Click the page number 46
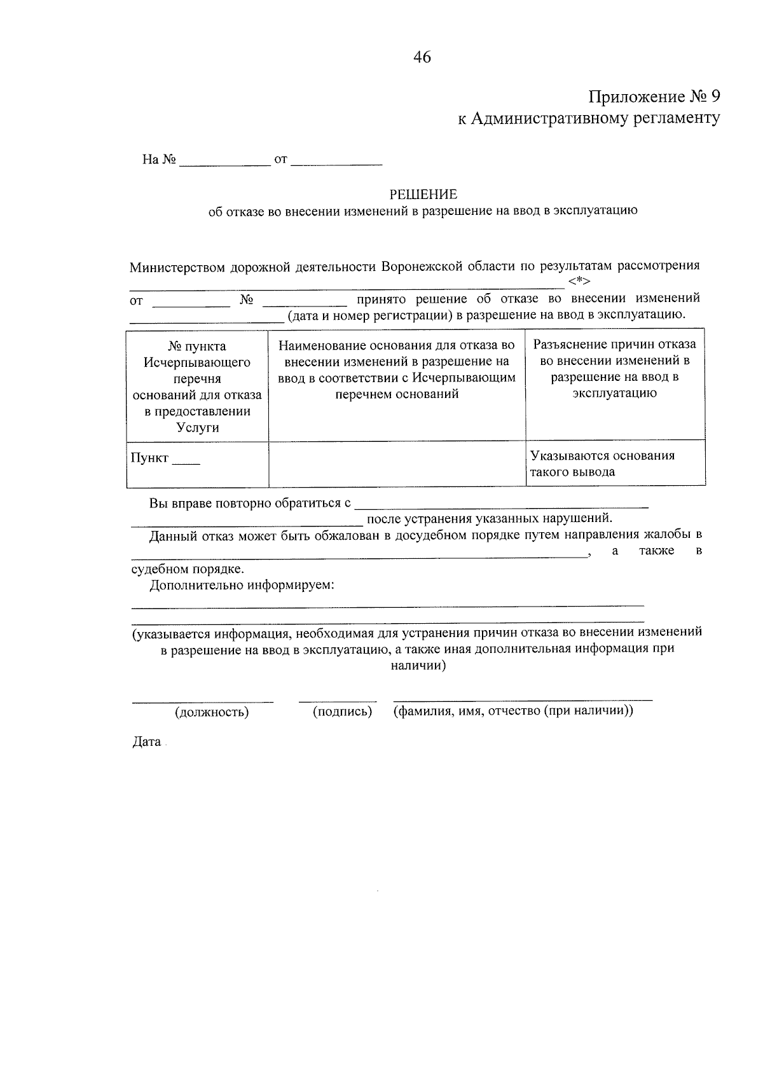coord(422,57)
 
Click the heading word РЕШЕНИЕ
coord(423,194)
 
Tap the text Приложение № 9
coord(654,97)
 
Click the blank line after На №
coord(225,160)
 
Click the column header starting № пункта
coord(197,386)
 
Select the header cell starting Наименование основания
coord(397,369)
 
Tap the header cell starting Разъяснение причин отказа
coord(614,368)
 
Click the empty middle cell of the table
coord(397,464)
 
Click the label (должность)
coord(212,712)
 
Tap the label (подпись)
coord(342,711)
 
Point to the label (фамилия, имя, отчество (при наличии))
coord(513,711)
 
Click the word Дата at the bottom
coord(146,742)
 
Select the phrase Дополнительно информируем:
coord(242,585)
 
